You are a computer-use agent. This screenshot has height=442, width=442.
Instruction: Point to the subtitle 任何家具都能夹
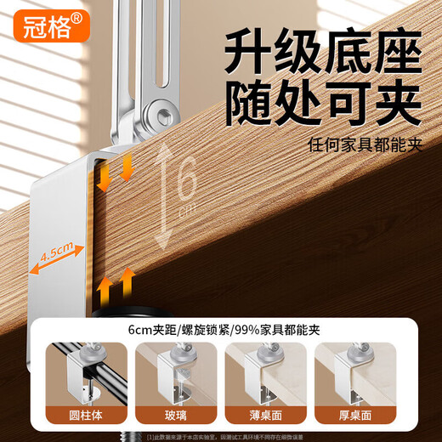pos(365,145)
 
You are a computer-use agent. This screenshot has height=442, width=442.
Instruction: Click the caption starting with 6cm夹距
pos(222,328)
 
